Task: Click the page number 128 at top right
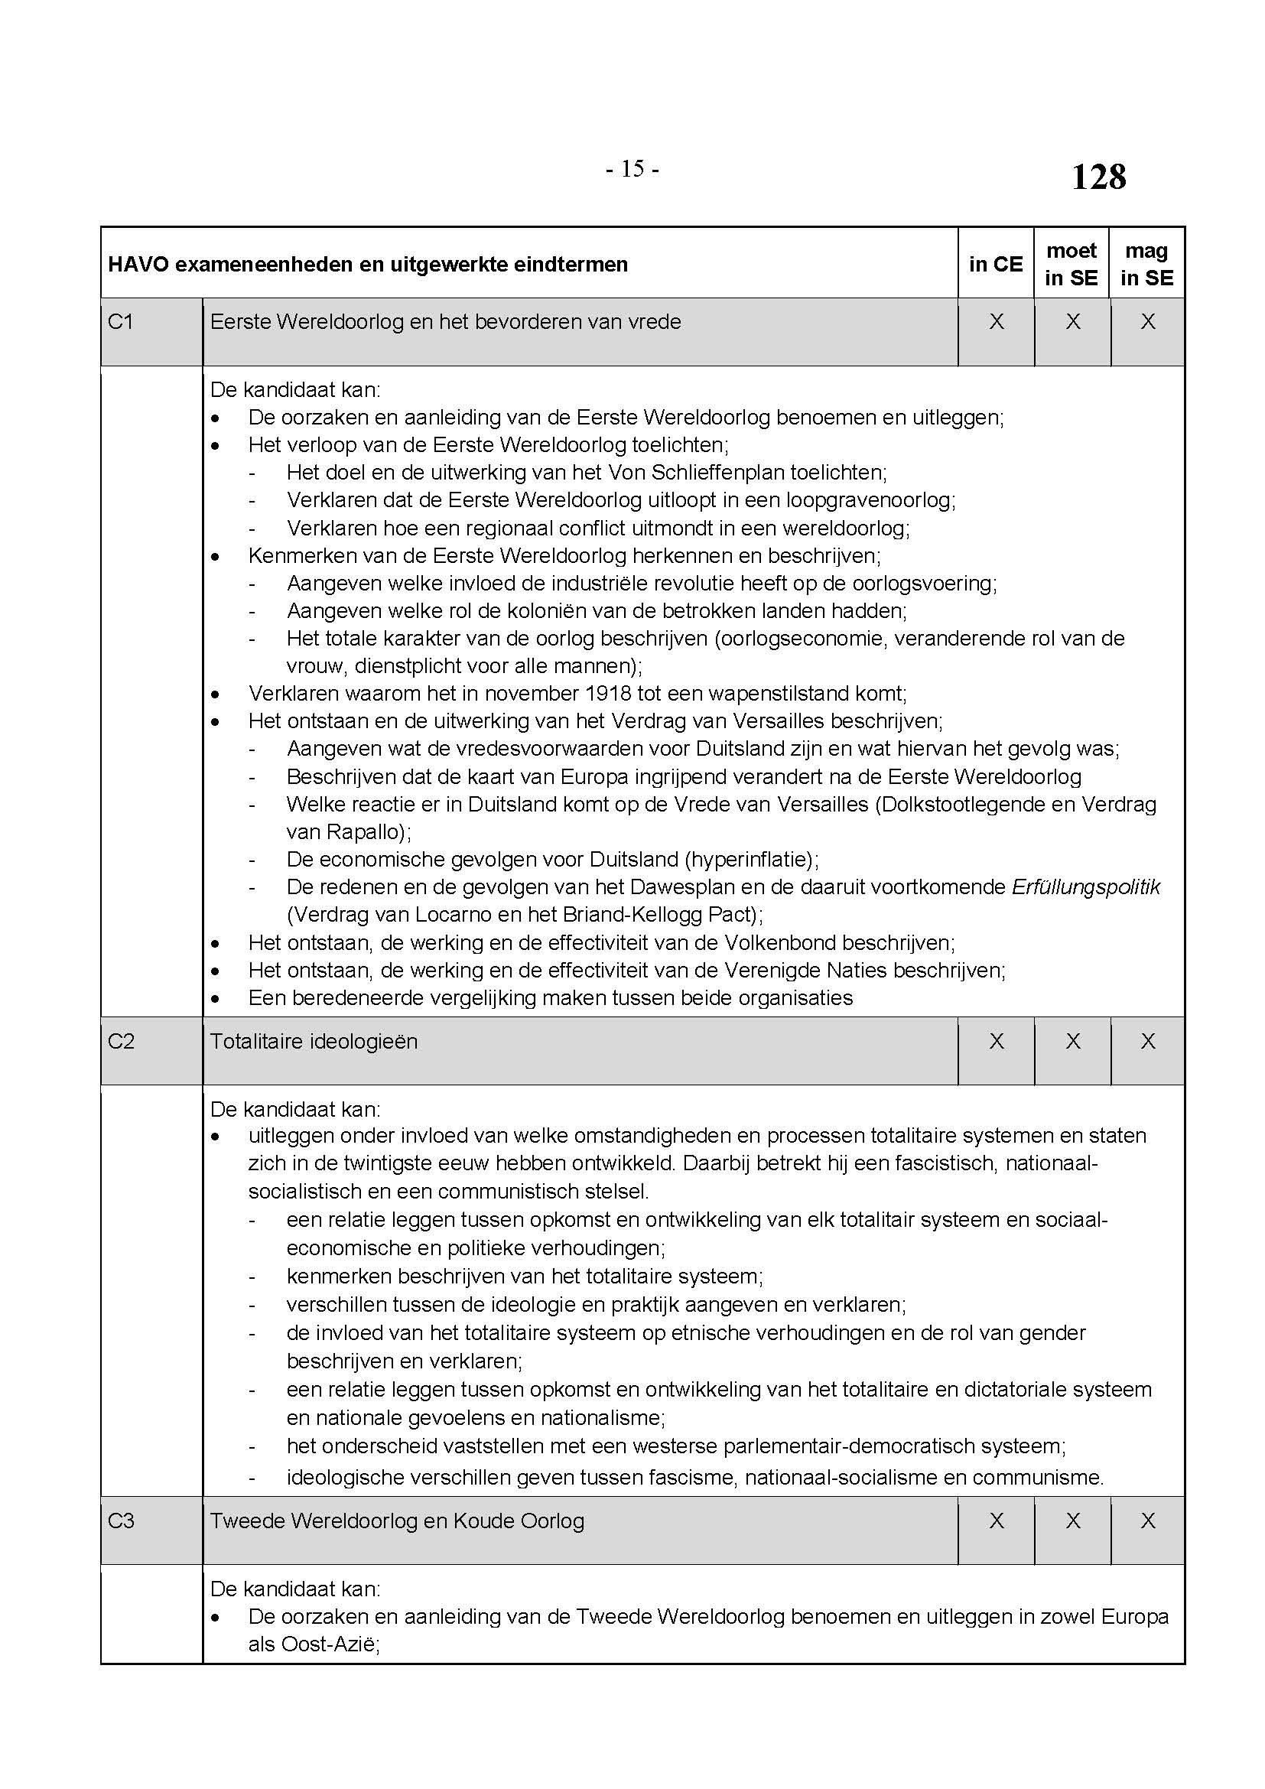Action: click(x=1098, y=177)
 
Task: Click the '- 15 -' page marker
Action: click(x=632, y=169)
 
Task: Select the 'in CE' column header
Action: click(x=996, y=264)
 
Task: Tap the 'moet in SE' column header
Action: click(x=1071, y=264)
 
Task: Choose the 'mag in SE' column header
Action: click(x=1146, y=264)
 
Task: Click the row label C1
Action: click(x=121, y=322)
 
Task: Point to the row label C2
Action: click(x=121, y=1041)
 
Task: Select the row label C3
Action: click(x=121, y=1521)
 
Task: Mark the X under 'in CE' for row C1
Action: click(x=997, y=322)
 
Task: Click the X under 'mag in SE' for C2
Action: click(x=1147, y=1041)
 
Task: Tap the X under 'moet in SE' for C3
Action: click(x=1072, y=1521)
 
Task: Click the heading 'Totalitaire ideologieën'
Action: click(x=314, y=1041)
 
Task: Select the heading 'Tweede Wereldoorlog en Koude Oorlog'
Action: click(x=397, y=1521)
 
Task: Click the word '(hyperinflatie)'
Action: click(x=751, y=860)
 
